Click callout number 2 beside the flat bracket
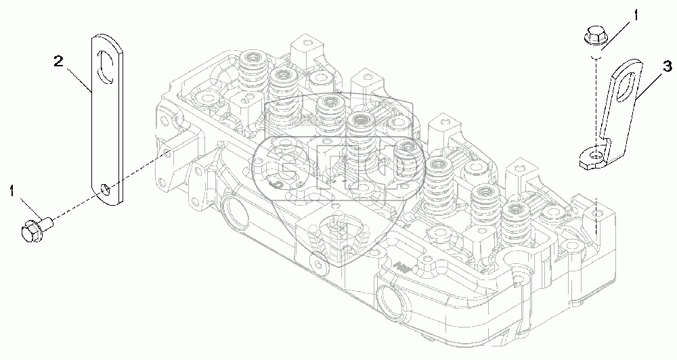pyautogui.click(x=59, y=63)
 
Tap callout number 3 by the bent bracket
pyautogui.click(x=667, y=66)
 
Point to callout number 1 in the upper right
pyautogui.click(x=634, y=14)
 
